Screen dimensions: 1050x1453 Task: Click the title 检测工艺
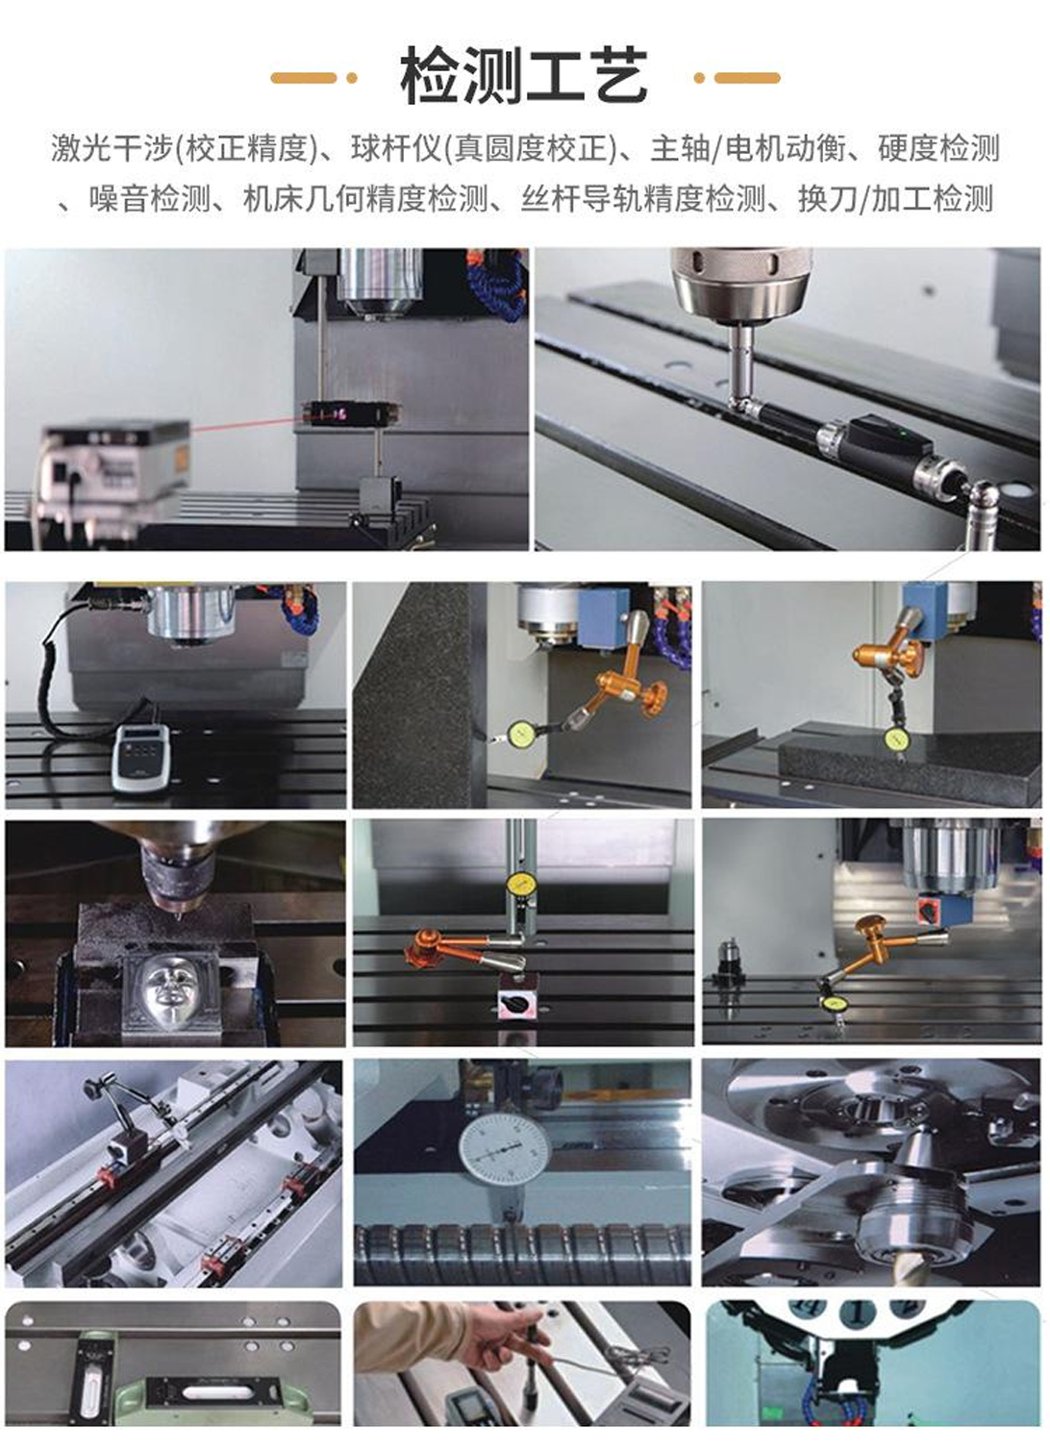click(x=524, y=77)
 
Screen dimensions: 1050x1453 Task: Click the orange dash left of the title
click(x=304, y=78)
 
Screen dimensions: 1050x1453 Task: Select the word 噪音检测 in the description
click(x=150, y=198)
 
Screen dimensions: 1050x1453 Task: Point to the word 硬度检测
click(x=938, y=148)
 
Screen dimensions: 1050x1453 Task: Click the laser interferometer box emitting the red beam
click(x=115, y=459)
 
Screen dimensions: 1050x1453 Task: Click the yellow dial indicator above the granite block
click(x=895, y=739)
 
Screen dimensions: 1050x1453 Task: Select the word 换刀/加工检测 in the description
click(x=895, y=198)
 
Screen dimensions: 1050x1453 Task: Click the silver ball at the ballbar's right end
click(x=985, y=495)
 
